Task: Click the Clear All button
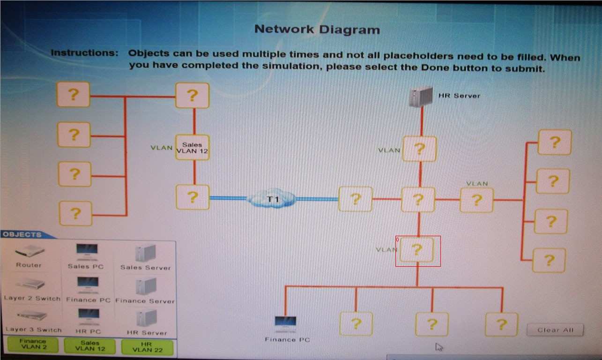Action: [555, 330]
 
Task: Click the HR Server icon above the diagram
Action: [420, 97]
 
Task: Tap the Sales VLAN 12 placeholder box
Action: [192, 148]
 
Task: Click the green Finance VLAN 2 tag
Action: [33, 345]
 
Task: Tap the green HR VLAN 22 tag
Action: [147, 347]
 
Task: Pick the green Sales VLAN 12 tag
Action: [90, 346]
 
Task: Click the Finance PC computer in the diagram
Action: [285, 323]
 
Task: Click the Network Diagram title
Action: [317, 30]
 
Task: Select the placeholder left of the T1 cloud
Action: [193, 197]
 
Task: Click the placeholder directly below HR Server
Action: [419, 149]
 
